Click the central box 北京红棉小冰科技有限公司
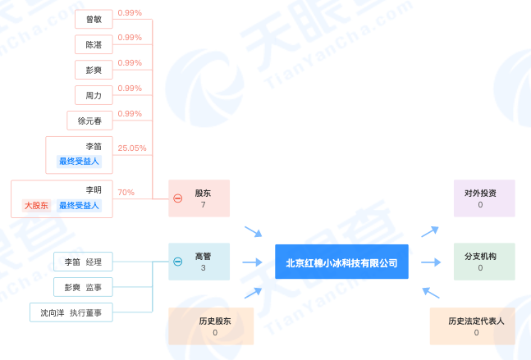(x=341, y=262)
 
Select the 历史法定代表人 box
(x=476, y=326)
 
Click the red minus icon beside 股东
(x=177, y=198)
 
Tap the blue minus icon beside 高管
(x=177, y=262)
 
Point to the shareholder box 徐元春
(x=89, y=121)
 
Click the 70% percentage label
(x=126, y=193)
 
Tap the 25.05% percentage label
(x=131, y=148)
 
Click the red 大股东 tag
(x=37, y=206)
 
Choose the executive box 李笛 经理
(x=83, y=262)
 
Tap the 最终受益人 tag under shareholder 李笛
(x=79, y=162)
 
